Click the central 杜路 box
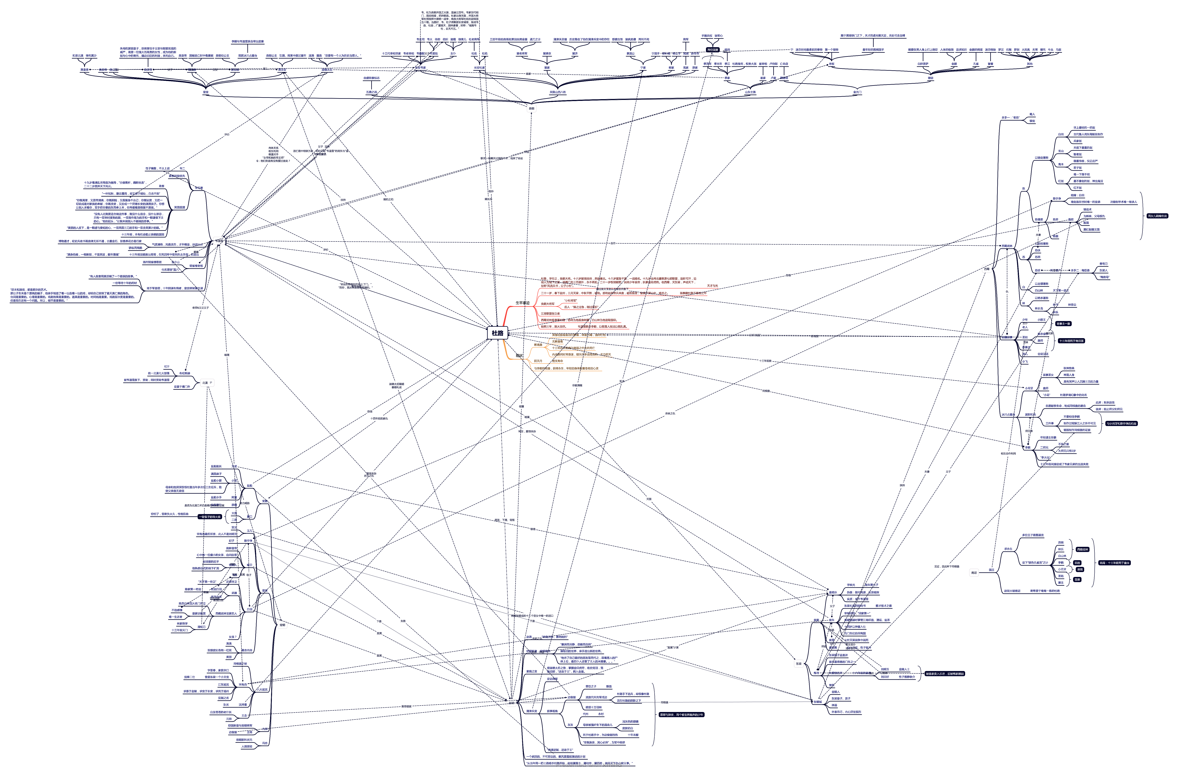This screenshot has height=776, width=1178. (x=498, y=333)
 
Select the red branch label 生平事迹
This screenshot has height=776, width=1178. (x=522, y=303)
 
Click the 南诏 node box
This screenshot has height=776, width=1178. (x=974, y=573)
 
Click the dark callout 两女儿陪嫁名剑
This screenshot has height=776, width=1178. (x=1157, y=216)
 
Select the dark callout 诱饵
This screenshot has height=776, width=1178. (x=1080, y=570)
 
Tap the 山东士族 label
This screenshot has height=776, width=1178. (x=750, y=92)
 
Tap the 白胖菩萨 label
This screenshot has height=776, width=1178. (x=923, y=64)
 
